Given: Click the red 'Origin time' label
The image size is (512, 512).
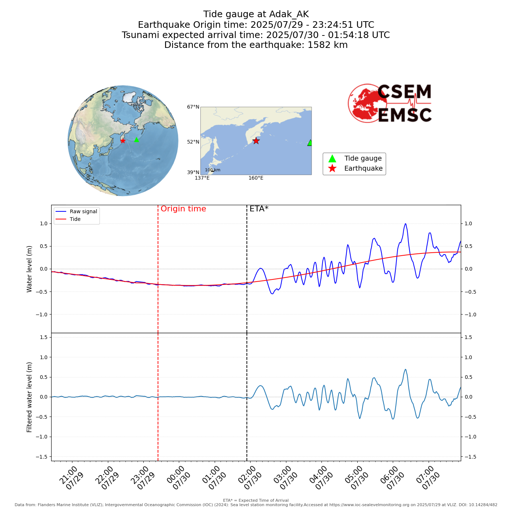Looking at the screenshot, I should click(x=183, y=209).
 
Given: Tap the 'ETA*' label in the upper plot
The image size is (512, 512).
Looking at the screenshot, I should click(x=259, y=209).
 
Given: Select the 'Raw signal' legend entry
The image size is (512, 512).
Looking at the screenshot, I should click(x=83, y=211).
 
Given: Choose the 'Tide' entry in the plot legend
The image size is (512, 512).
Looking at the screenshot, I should click(x=75, y=219).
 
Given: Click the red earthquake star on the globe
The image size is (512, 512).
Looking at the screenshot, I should click(x=123, y=141).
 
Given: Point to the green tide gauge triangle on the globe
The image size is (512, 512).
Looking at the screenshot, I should click(x=136, y=140).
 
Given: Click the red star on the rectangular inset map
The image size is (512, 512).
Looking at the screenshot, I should click(x=256, y=141).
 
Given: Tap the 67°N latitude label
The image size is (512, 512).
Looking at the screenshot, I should click(x=193, y=107).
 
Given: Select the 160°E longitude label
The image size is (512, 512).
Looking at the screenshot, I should click(x=256, y=178).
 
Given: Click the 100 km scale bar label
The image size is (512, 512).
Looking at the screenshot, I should click(x=212, y=170).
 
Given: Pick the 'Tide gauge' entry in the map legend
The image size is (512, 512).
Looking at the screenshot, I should click(x=363, y=158).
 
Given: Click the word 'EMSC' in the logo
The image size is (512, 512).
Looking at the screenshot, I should click(x=404, y=115).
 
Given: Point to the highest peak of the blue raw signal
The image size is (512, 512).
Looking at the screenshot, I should click(x=405, y=224).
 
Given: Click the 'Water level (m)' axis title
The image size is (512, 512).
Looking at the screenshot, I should click(x=30, y=269).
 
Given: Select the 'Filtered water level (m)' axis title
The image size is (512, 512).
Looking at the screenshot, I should click(x=30, y=397).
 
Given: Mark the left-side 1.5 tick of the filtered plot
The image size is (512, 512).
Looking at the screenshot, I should click(x=43, y=337).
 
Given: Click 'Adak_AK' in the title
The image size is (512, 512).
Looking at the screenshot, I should click(x=289, y=14).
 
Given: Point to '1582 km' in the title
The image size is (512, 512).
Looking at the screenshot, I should click(x=327, y=45).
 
